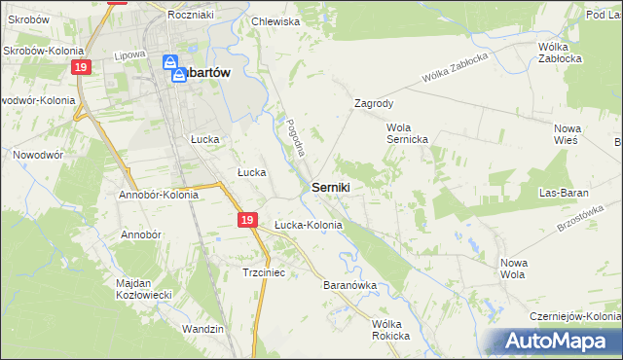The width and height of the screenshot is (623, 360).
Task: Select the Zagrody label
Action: pos(374,102)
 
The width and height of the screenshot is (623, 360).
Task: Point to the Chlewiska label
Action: pos(275,20)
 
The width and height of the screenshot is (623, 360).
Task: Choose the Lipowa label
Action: pos(129,55)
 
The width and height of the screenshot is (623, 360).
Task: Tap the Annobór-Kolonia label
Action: pos(159,194)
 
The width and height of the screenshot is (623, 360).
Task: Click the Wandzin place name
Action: pos(203,329)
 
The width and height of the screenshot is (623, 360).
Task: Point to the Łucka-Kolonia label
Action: pos(308,225)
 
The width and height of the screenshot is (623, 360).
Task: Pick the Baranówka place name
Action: pos(348,286)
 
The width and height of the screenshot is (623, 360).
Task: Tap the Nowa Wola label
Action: pos(513,268)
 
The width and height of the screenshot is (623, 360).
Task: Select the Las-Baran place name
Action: pos(568,193)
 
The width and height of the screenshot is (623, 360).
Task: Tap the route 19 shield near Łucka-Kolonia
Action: pos(247,222)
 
